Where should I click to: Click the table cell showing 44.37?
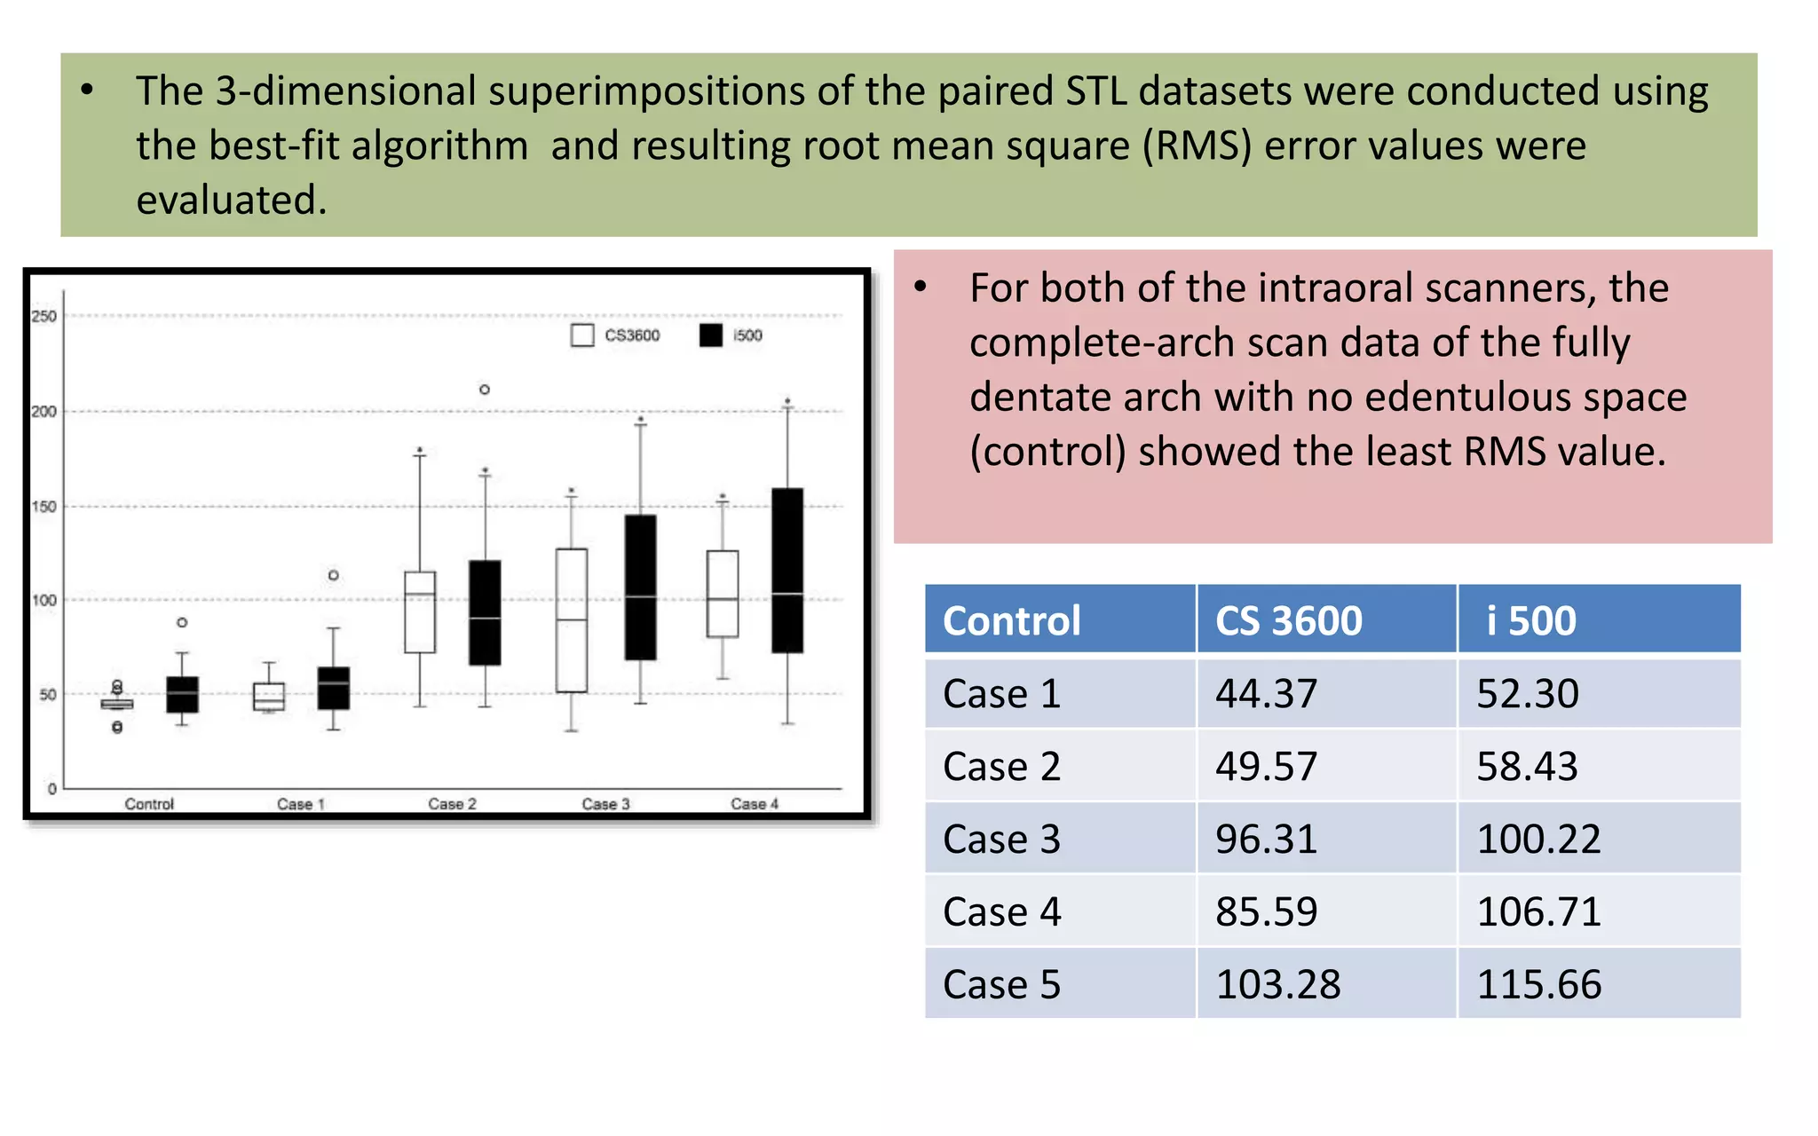tap(1266, 693)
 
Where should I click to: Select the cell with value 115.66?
tap(1538, 984)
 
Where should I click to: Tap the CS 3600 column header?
tap(1288, 619)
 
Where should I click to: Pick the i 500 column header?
tap(1531, 619)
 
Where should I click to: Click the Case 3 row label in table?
tap(1001, 839)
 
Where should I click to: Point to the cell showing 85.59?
tap(1266, 911)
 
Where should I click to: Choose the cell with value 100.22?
tap(1538, 839)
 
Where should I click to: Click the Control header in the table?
tap(1011, 619)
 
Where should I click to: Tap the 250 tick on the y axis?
tap(43, 316)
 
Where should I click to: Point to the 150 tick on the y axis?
tap(43, 507)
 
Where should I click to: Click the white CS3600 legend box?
tap(582, 335)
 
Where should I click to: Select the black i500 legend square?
tap(710, 335)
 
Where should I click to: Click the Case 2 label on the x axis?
tap(452, 804)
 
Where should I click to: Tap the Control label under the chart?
tap(149, 804)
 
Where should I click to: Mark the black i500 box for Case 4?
tap(787, 570)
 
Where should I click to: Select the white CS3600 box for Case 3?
tap(572, 619)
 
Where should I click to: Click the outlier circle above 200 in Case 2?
tap(485, 390)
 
